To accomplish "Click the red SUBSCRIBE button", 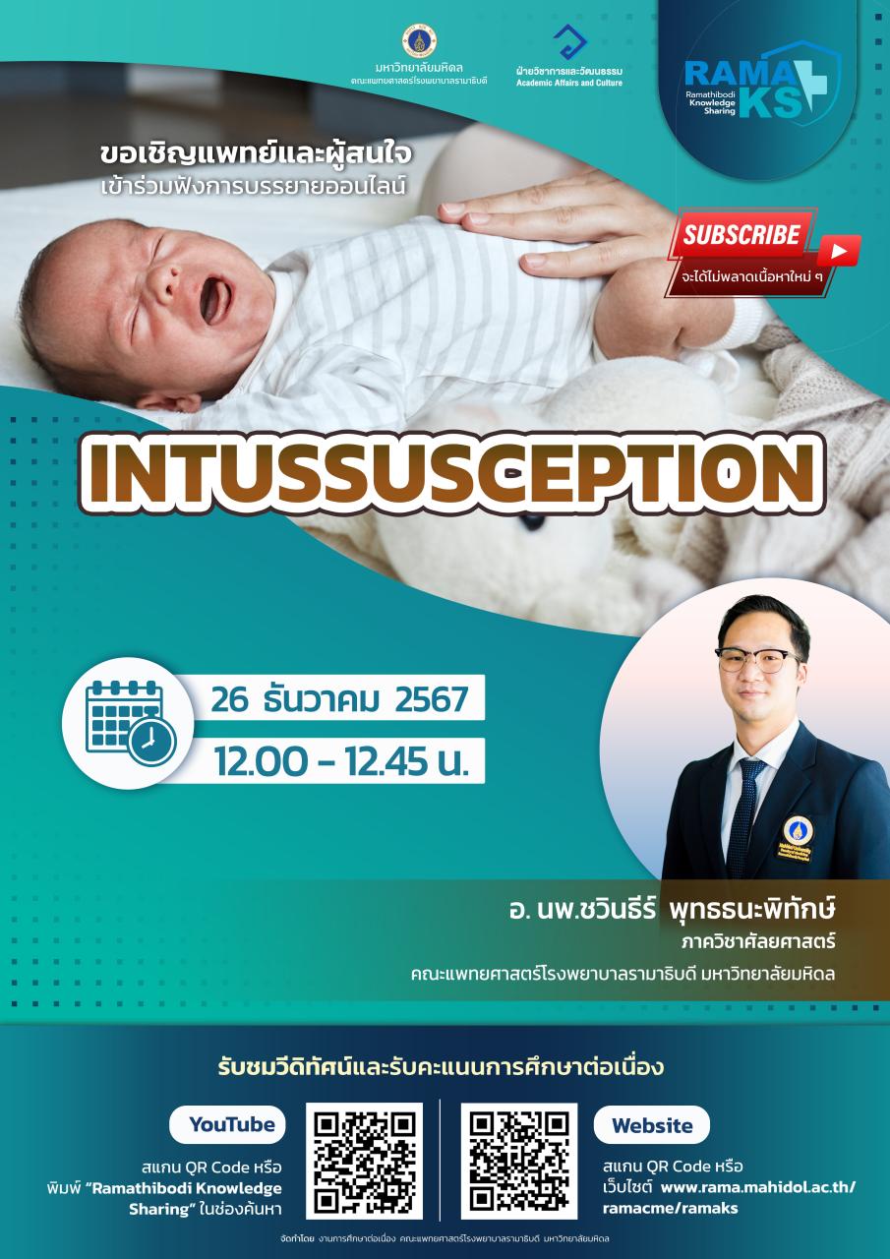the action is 742,234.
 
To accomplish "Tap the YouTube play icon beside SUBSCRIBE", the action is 839,251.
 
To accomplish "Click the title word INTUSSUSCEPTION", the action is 452,473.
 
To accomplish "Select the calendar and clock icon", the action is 131,722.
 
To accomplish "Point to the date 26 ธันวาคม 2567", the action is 339,699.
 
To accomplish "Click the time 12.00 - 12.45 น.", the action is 341,762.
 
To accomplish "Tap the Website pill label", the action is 652,1124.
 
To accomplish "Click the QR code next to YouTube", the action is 364,1161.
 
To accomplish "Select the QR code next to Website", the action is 519,1161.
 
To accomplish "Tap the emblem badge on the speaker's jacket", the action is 797,839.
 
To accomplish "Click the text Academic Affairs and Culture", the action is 569,83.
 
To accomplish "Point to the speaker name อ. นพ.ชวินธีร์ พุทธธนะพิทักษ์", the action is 672,910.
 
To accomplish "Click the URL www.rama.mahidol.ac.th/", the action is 758,1187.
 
